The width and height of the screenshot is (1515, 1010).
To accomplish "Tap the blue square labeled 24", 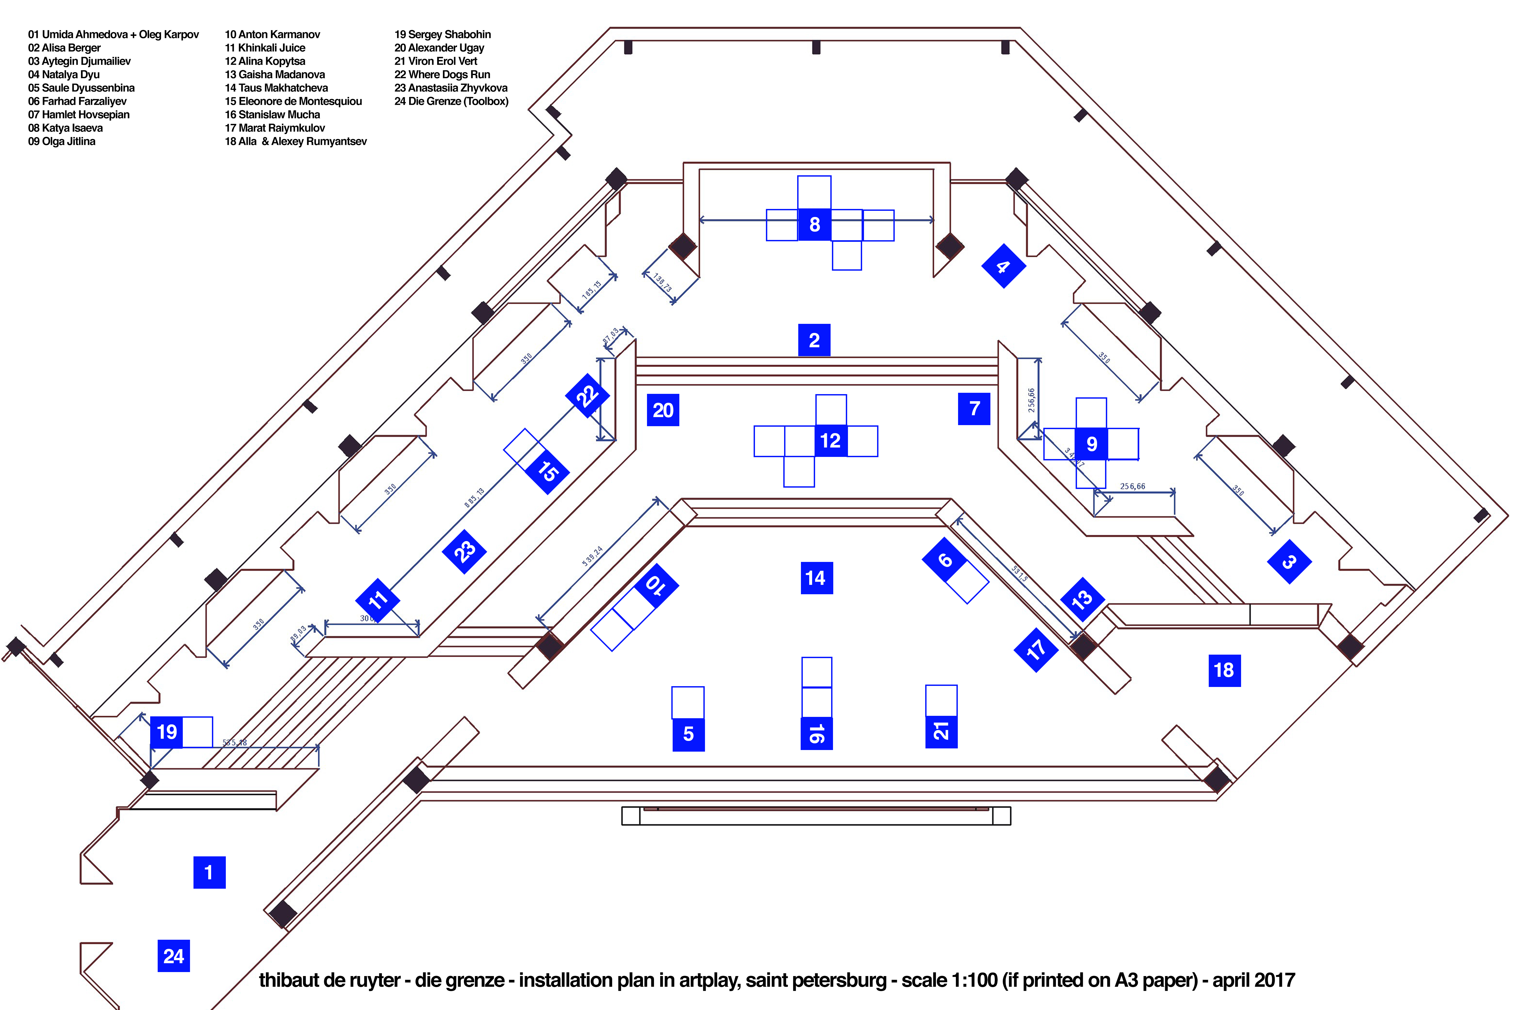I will point(173,956).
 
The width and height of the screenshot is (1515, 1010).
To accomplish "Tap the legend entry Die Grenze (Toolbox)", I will point(452,101).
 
